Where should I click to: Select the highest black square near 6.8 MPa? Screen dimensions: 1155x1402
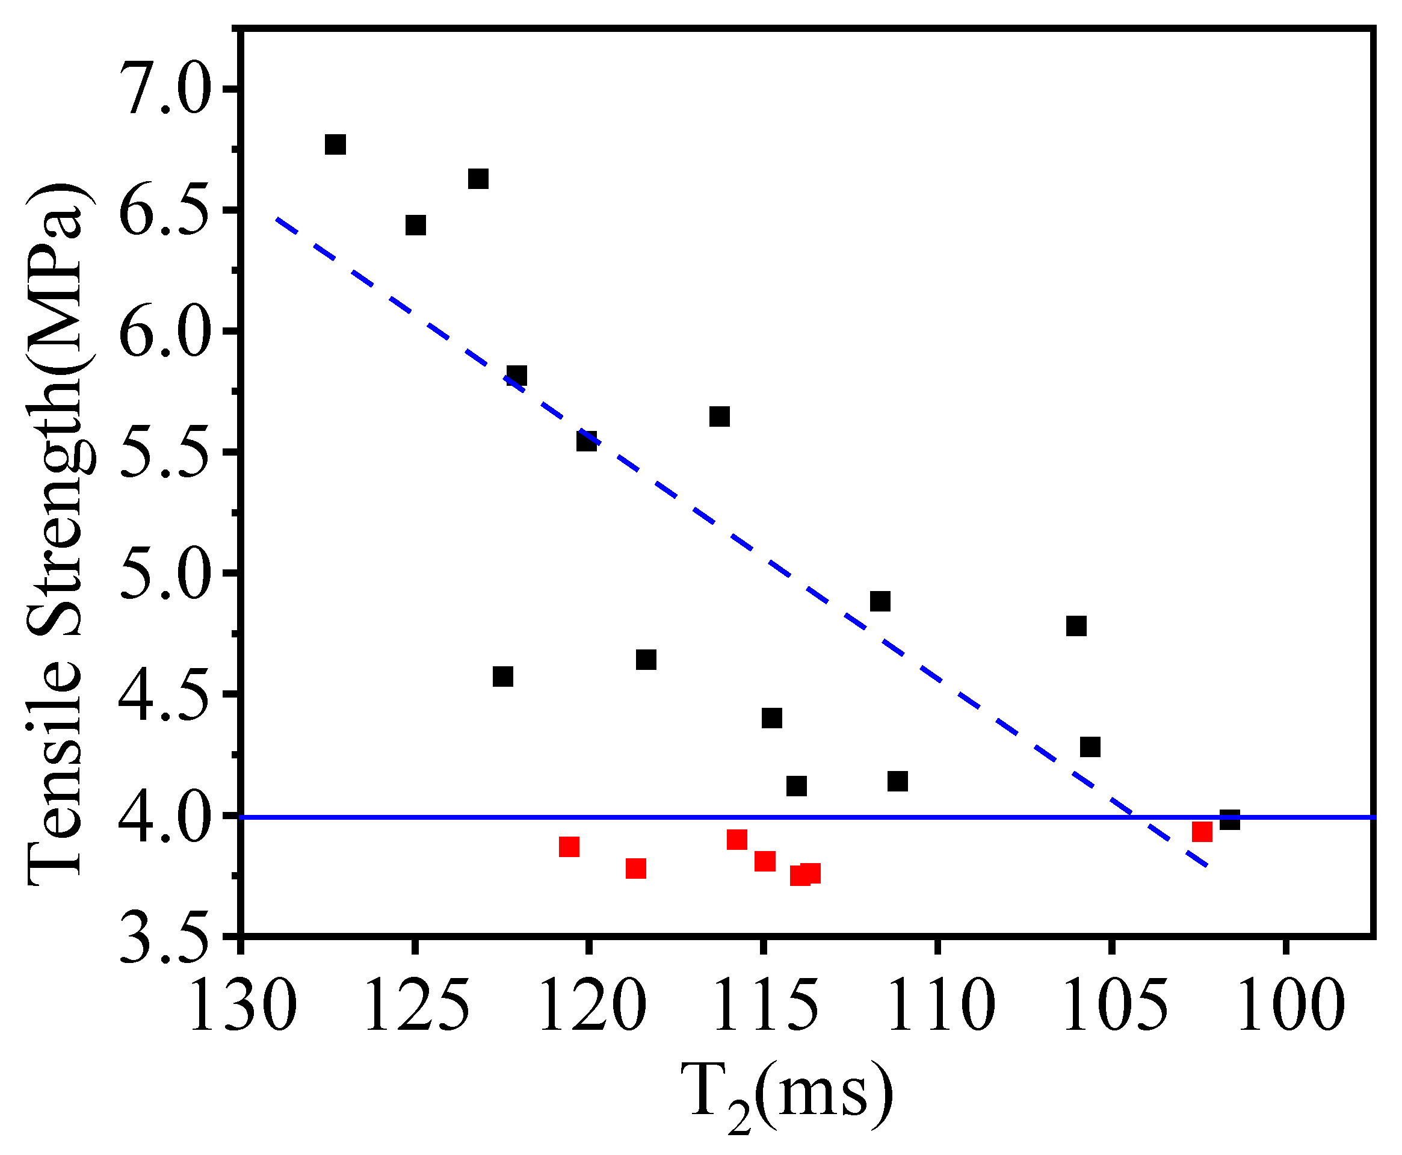[x=335, y=144]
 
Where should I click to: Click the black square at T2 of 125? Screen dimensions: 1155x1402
[x=416, y=225]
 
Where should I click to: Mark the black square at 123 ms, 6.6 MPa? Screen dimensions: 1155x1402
[x=478, y=179]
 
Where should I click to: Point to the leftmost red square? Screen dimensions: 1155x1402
[x=569, y=847]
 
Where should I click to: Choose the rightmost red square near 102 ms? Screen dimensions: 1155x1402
[x=1202, y=832]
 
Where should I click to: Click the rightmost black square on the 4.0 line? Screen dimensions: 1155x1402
[x=1230, y=820]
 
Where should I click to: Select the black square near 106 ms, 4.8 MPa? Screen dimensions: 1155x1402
[x=1076, y=626]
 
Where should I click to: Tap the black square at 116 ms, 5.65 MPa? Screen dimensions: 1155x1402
[x=719, y=416]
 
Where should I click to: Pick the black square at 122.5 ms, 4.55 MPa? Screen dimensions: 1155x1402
[x=503, y=677]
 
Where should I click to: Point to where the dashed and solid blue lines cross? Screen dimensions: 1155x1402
[x=1132, y=817]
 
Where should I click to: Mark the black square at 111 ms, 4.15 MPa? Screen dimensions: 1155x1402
[x=897, y=781]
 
